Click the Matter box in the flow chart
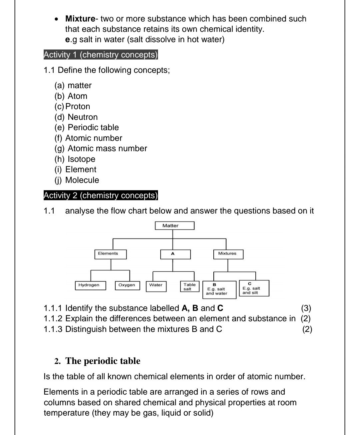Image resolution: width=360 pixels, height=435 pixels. click(x=174, y=226)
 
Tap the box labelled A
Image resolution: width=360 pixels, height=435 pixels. click(x=175, y=254)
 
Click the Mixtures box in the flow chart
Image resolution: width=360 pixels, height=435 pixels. click(x=228, y=254)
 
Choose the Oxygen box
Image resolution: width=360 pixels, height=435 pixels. click(x=127, y=285)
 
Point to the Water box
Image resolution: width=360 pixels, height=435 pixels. click(x=156, y=286)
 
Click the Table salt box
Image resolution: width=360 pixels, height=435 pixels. click(x=190, y=287)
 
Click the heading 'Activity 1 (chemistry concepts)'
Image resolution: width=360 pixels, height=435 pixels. click(x=101, y=55)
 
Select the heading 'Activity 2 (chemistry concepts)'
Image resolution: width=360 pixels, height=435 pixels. click(x=101, y=195)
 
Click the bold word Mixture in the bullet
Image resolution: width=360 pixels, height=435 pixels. click(x=80, y=19)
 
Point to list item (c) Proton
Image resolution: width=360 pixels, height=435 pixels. click(x=72, y=106)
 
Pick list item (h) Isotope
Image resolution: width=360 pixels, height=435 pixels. click(x=75, y=159)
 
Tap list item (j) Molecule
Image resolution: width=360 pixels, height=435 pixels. click(x=77, y=180)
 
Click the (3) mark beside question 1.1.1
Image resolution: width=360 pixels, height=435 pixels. click(x=306, y=308)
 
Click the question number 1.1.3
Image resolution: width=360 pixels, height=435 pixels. click(x=53, y=329)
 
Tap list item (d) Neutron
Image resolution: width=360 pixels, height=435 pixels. click(x=76, y=117)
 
